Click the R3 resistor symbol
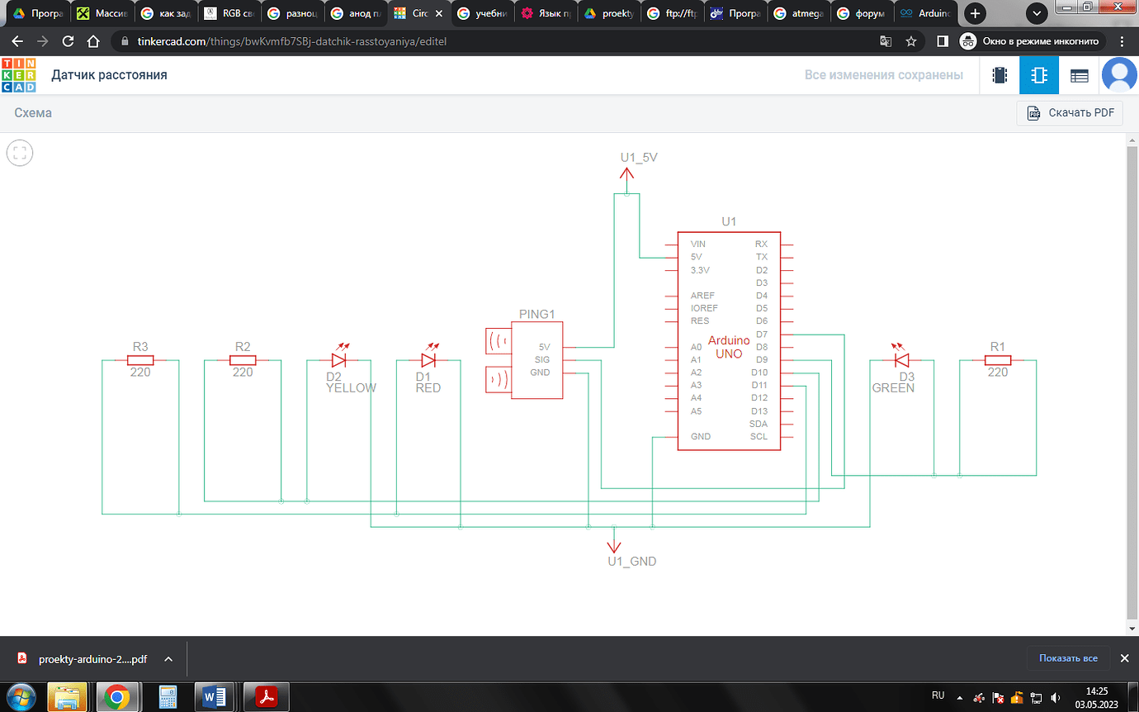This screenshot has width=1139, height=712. pos(140,360)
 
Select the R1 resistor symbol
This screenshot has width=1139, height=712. pos(998,360)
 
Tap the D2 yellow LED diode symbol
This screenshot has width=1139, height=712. pos(338,360)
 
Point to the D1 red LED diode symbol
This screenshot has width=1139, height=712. pos(428,360)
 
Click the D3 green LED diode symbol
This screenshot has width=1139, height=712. pos(901,360)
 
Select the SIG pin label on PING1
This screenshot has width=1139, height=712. pos(541,360)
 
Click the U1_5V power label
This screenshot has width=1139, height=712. pos(638,157)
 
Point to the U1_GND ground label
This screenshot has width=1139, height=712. pos(631,561)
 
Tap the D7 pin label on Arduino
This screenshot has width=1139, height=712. pos(760,334)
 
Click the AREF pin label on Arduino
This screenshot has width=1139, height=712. pos(702,296)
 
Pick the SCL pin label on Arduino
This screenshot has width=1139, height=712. pos(759,437)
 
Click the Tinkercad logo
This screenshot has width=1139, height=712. pos(19,75)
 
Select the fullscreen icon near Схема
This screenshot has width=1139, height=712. pos(20,153)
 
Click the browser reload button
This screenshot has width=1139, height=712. pos(69,41)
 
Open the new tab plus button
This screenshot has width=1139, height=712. pos(976,13)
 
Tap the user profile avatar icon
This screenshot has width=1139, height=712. pos(1120,75)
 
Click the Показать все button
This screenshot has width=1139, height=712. pos(1068,658)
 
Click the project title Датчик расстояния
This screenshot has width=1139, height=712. pos(109,75)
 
